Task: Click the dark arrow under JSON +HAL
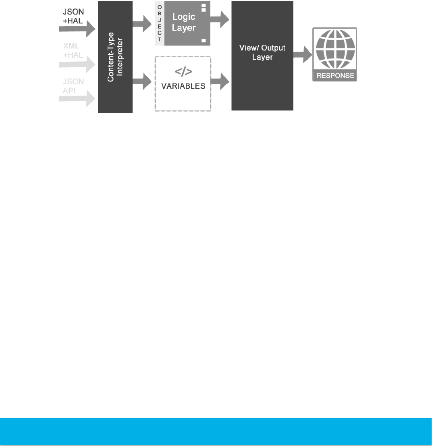coord(77,29)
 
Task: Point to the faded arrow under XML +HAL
coord(77,64)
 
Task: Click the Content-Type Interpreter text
coord(115,57)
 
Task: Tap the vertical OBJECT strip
coord(160,23)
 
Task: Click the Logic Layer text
coord(184,23)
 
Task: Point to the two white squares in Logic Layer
coord(204,7)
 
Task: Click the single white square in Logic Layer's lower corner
coord(204,40)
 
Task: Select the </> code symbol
coord(183,72)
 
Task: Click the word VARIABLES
coord(183,86)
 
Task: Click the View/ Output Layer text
coord(262,52)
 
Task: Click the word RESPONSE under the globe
coord(335,75)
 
